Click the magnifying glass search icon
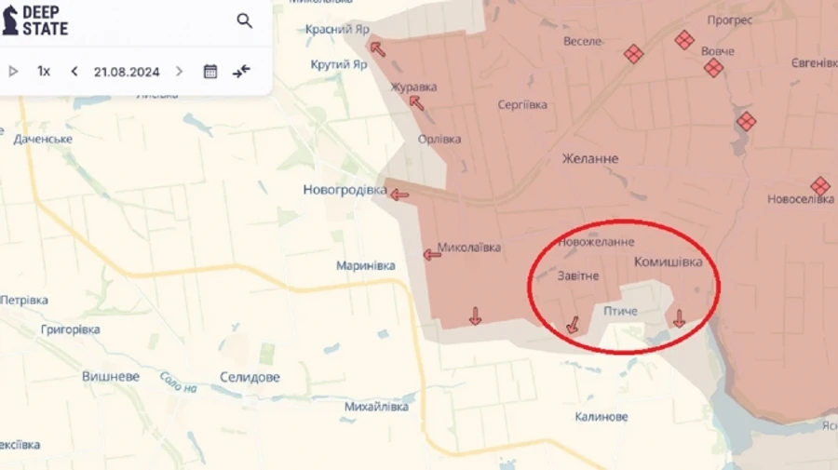coord(244,20)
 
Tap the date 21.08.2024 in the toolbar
coord(127,72)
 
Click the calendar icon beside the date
coord(210,72)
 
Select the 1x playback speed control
coord(44,72)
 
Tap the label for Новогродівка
coord(345,190)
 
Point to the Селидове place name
coord(250,377)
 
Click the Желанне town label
coord(589,159)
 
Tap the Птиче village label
coord(620,311)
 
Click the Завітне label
coord(578,276)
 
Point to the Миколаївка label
coord(468,248)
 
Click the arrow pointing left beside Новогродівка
coord(399,195)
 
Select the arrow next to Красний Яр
coord(377,48)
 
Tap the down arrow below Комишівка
coord(679,318)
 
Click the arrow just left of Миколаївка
coord(432,254)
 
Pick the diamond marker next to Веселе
coord(634,54)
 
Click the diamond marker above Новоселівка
coord(820,185)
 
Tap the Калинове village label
coord(601,417)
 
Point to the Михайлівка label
coord(376,407)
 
